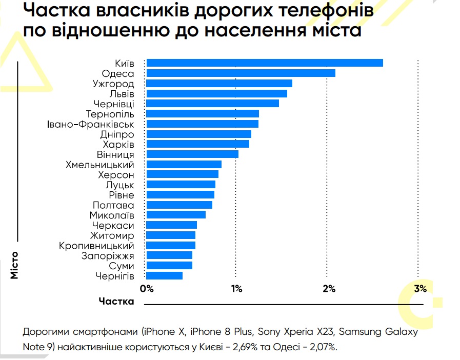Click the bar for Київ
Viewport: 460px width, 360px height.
coord(265,63)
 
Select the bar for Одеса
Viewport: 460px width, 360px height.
coord(241,73)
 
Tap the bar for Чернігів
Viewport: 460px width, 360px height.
coord(165,276)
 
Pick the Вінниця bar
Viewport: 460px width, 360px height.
coord(192,154)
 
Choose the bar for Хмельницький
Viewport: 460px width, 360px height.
coord(184,165)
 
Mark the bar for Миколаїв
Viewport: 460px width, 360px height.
coord(176,215)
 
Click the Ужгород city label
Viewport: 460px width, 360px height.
coord(113,84)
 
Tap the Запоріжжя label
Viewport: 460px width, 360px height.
coord(108,256)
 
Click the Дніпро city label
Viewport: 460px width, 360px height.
coord(117,134)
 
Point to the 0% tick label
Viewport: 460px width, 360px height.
coord(147,289)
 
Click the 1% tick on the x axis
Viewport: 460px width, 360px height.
coord(236,289)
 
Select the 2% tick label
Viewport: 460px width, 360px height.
coord(329,289)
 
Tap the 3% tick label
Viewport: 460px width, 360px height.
coord(420,289)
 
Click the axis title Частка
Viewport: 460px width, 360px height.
coord(116,301)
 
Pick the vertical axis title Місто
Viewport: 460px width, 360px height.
coord(14,265)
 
